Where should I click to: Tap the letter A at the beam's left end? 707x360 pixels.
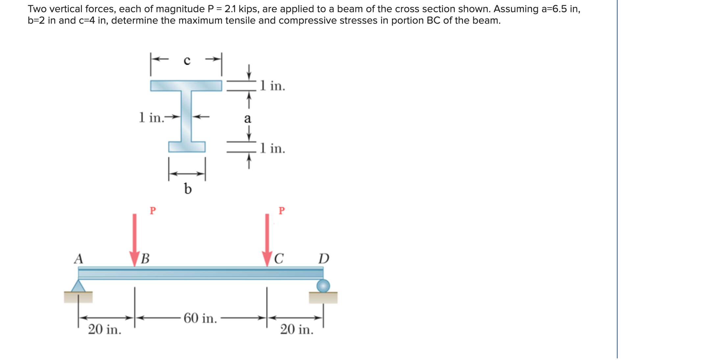pos(78,259)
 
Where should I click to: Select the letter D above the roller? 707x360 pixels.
pos(324,259)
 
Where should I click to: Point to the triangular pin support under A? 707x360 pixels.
pos(78,287)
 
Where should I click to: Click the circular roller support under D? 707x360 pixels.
pos(323,286)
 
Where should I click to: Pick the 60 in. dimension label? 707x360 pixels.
pos(200,318)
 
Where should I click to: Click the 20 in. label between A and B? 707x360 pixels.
pos(105,329)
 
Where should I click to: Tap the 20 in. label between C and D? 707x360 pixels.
pos(297,329)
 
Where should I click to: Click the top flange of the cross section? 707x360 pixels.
pos(186,86)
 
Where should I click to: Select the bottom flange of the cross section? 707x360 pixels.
pos(187,147)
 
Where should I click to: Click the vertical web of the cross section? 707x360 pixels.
pos(186,116)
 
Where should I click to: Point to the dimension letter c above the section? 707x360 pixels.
pos(187,61)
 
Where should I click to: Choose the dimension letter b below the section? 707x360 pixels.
pos(187,189)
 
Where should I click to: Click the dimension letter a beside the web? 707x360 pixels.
pos(247,118)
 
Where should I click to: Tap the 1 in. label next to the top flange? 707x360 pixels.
pos(273,86)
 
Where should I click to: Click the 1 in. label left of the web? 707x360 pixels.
pos(151,117)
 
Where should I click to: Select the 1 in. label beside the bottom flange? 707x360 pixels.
pos(273,148)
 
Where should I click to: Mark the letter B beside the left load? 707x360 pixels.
pos(145,259)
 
